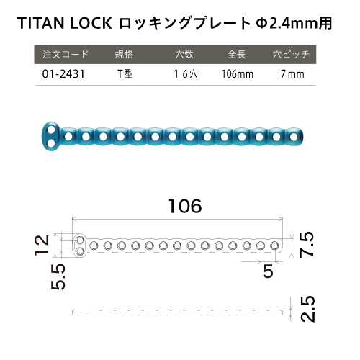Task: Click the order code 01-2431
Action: (63, 74)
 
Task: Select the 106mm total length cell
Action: (237, 74)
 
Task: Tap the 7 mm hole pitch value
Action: (292, 74)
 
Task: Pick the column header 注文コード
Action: (66, 55)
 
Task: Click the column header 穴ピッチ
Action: (291, 55)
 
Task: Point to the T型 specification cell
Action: (125, 74)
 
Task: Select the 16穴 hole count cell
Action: (186, 74)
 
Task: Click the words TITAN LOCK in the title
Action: (65, 23)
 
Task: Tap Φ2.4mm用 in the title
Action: (294, 23)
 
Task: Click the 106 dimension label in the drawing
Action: (185, 206)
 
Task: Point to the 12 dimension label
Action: (42, 245)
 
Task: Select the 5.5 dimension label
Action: (58, 276)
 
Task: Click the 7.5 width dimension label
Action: (307, 245)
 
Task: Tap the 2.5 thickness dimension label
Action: (307, 309)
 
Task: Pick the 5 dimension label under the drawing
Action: (268, 271)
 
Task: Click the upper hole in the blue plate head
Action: (50, 130)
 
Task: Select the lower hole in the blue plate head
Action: (50, 143)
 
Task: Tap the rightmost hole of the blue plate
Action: (293, 137)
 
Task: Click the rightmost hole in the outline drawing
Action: (274, 246)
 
